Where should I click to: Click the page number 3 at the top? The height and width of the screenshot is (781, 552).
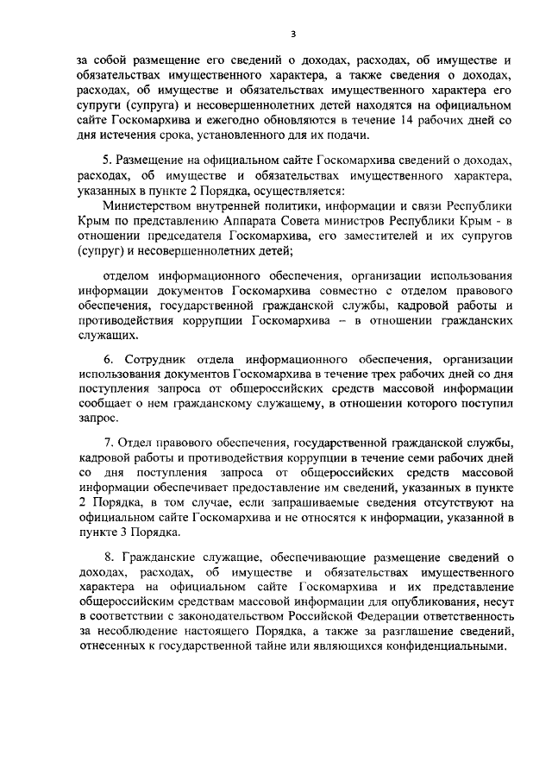click(x=292, y=34)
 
